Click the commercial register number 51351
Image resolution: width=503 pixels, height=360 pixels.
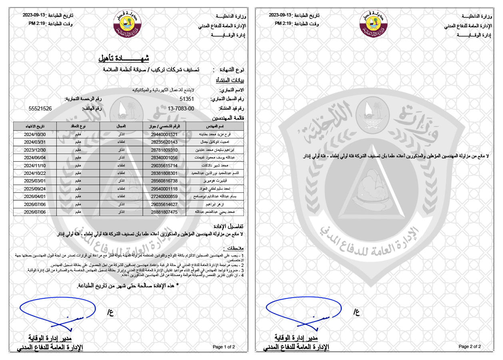187,99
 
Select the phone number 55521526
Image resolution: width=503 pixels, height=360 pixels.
40,108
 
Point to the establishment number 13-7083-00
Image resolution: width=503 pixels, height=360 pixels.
181,108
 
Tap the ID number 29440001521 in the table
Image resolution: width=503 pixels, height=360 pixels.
164,134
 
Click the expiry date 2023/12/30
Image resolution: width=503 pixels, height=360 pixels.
35,150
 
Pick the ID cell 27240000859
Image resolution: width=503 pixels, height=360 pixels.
164,196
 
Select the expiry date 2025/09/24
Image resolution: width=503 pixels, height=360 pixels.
35,188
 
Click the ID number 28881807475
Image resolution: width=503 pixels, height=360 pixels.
164,212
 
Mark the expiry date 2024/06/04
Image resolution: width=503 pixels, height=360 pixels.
35,158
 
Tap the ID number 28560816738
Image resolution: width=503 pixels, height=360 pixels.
164,181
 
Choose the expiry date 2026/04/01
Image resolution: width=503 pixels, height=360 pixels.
35,196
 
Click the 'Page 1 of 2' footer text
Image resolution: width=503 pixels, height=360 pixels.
224,346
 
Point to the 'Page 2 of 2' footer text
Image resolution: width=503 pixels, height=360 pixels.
470,346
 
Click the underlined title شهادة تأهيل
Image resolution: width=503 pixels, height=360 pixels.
124,58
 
